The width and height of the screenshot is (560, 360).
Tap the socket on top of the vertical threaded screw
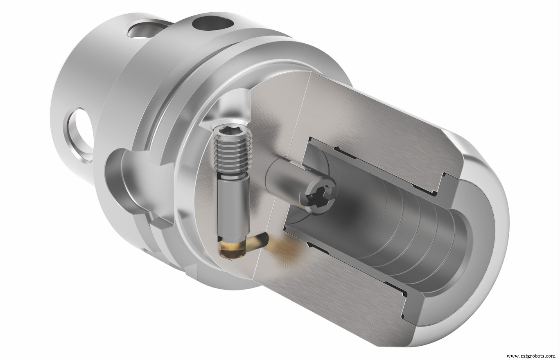225,131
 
